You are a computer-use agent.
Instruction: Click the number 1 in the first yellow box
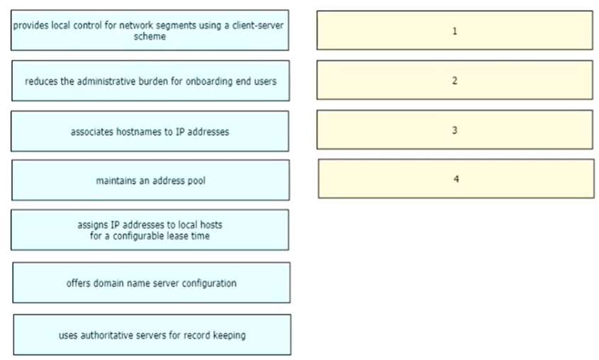click(454, 31)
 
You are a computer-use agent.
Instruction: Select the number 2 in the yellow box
click(454, 81)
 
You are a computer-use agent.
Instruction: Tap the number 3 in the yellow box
click(454, 130)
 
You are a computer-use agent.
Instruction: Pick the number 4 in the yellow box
click(456, 179)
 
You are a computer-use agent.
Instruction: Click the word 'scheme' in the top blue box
click(150, 36)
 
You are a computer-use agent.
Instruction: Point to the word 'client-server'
click(258, 26)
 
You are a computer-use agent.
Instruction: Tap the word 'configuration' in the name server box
click(209, 283)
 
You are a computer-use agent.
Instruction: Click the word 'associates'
click(91, 132)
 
